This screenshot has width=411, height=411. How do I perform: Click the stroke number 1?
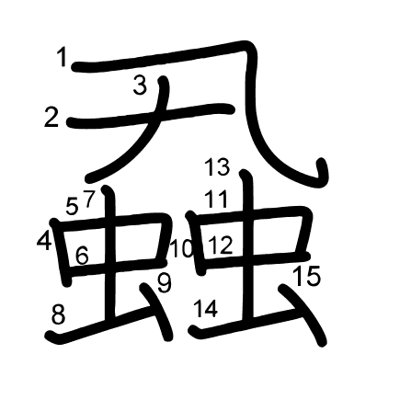[63, 58]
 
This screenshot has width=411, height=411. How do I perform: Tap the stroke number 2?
[51, 117]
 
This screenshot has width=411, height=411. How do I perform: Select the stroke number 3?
[140, 86]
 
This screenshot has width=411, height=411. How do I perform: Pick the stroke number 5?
[73, 206]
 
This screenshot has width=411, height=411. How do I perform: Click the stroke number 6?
[82, 256]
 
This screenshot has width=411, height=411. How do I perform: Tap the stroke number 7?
[89, 199]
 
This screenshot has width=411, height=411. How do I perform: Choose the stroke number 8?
[58, 314]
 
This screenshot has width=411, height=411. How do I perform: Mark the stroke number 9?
[165, 283]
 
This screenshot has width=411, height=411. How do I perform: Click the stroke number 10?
[182, 248]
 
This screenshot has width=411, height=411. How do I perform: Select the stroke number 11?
[217, 199]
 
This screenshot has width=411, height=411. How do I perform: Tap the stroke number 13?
[218, 167]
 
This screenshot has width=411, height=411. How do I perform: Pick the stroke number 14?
[206, 308]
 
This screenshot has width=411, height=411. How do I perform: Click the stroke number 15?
[307, 276]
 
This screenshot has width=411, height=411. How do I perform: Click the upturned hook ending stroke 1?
[320, 173]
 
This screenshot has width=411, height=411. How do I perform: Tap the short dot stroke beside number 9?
[156, 311]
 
